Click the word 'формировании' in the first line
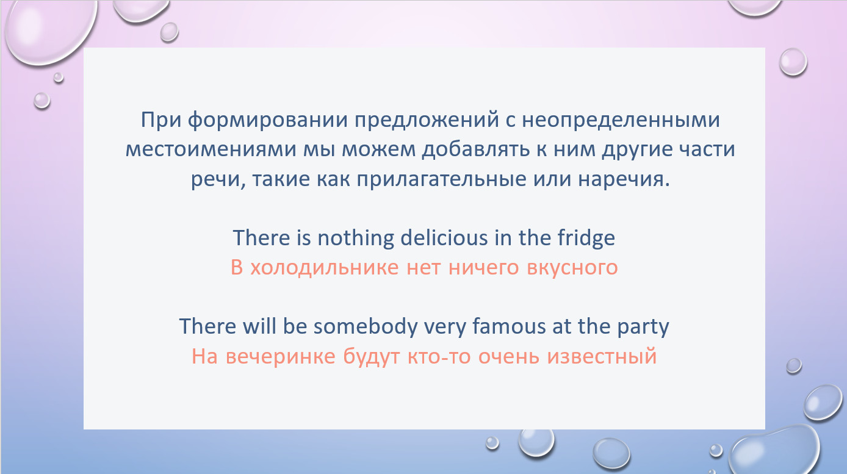pos(267,120)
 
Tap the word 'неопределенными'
pos(621,120)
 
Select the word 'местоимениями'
pos(211,149)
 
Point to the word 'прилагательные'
pos(441,179)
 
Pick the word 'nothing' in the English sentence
pos(355,238)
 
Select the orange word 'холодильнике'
pos(325,268)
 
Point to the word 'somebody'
pos(366,326)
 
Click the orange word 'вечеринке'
pos(281,356)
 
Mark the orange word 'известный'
pos(602,356)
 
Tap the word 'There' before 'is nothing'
pos(261,238)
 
